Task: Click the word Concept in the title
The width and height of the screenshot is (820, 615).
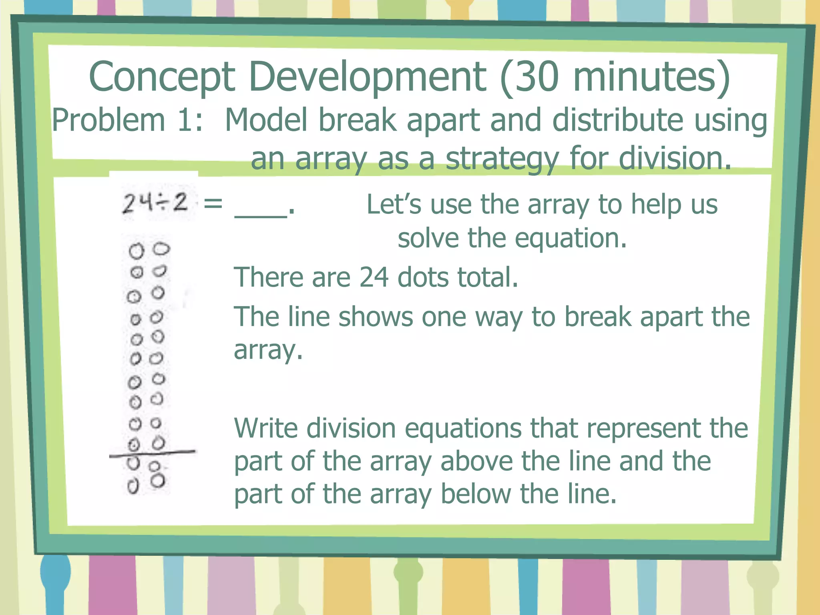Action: (162, 77)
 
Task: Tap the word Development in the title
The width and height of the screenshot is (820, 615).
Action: (367, 77)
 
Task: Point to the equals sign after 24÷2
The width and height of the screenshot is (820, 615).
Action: (213, 203)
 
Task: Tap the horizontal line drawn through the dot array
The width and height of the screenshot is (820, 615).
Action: (152, 453)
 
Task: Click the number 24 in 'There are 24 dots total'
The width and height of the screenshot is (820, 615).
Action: (374, 277)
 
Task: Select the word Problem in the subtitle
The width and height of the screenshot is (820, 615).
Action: (109, 120)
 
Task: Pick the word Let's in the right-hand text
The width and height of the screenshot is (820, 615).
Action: (394, 205)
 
